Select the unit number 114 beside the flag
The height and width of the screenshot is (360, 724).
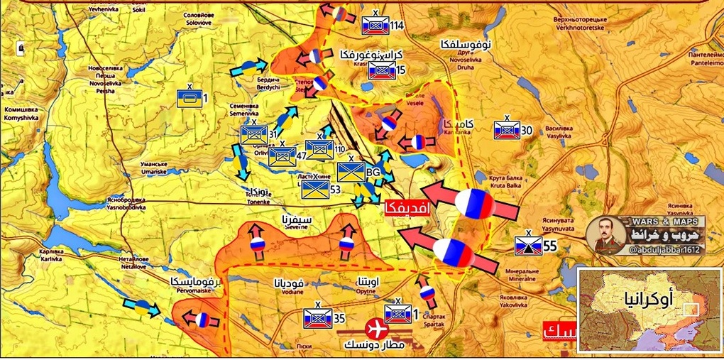(x=396, y=26)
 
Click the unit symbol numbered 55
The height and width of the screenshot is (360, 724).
(x=528, y=246)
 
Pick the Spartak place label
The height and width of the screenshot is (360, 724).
(x=434, y=321)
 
